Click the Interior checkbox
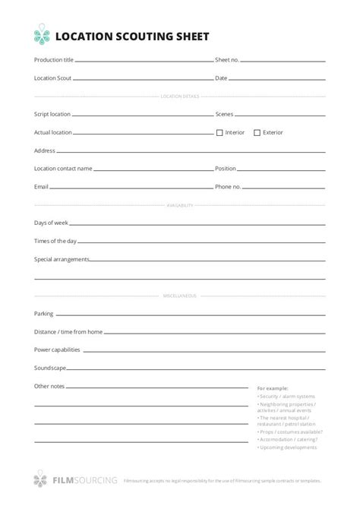point(219,132)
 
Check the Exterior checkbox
point(257,132)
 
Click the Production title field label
point(54,59)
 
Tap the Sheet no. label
point(227,59)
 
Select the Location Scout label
point(53,77)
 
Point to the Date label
point(221,77)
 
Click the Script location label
point(52,114)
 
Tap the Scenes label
point(224,114)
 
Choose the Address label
point(45,150)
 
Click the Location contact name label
point(63,169)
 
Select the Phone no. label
point(228,186)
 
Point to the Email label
point(42,186)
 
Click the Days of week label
point(52,223)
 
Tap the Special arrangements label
point(62,259)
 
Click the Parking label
point(44,314)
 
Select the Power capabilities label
point(57,350)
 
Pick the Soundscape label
point(49,368)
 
